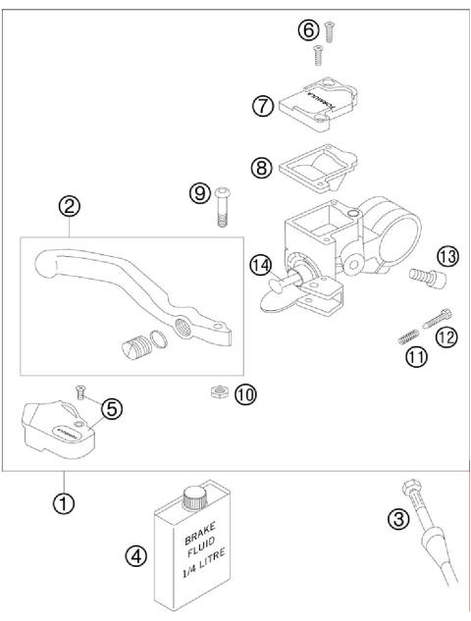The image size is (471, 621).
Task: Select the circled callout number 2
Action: [x=70, y=207]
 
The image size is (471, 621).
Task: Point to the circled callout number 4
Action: [x=136, y=556]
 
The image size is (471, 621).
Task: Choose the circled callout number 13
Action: [x=447, y=256]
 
